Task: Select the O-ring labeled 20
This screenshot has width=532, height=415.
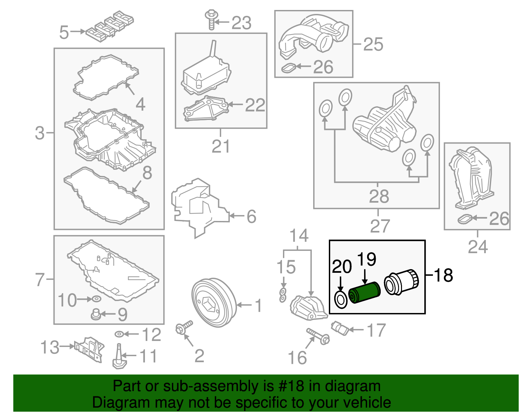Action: (x=340, y=300)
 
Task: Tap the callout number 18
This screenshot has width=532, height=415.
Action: (x=444, y=275)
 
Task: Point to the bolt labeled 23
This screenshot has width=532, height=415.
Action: (x=211, y=20)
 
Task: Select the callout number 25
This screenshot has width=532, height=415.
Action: (x=373, y=44)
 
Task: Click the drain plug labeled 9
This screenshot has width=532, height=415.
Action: (x=96, y=314)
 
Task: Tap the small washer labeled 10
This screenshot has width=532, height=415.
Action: (x=96, y=299)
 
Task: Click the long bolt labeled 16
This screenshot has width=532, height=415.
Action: (x=318, y=336)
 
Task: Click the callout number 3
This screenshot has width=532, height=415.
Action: (x=40, y=133)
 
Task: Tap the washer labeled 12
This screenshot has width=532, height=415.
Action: (x=119, y=334)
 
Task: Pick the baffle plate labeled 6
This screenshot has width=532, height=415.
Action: (x=196, y=207)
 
